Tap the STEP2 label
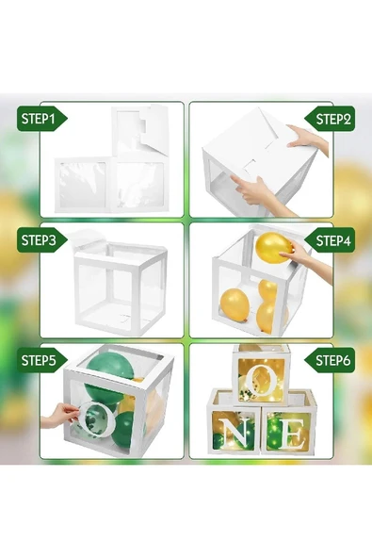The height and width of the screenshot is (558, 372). (x=331, y=119)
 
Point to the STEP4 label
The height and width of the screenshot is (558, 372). (x=331, y=240)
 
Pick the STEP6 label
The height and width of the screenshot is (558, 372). (x=331, y=360)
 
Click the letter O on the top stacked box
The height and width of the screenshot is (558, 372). (x=261, y=383)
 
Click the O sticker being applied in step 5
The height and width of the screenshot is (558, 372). (x=95, y=420)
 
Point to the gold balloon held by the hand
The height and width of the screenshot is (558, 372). (x=273, y=248)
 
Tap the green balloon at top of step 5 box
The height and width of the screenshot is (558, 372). (x=109, y=367)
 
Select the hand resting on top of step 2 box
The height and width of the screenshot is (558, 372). (x=307, y=139)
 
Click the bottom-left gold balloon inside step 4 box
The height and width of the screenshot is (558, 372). (x=235, y=305)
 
